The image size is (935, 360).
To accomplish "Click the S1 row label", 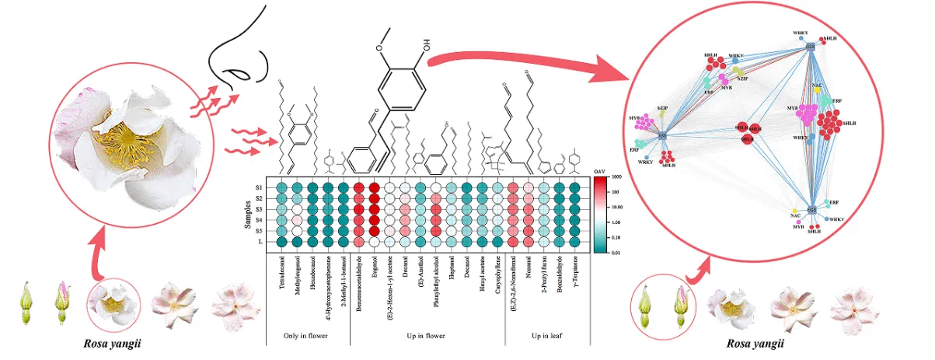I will coord(259,187).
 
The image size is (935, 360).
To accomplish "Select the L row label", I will coord(260,242).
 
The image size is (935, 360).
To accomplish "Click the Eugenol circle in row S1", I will coord(375,187).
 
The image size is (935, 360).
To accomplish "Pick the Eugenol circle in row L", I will coord(375,242).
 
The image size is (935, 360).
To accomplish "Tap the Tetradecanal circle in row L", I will coord(284,242).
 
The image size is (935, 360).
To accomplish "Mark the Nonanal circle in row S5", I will coord(528,231).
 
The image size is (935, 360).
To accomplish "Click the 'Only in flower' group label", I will coord(306,336).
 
